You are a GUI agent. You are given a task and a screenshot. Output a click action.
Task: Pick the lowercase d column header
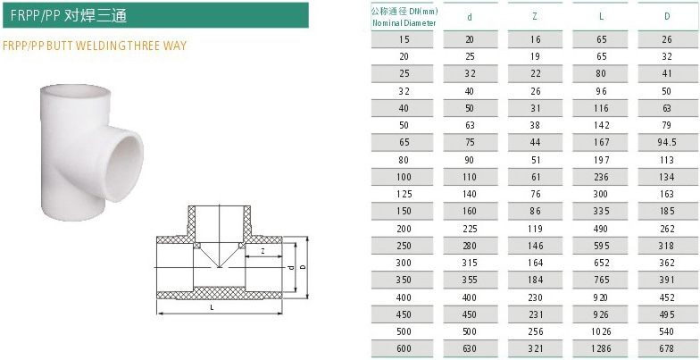point(471,16)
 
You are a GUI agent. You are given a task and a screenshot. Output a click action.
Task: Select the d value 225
point(471,228)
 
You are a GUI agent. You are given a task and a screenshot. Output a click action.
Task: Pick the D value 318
point(666,246)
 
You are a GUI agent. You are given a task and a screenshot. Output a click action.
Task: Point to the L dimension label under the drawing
point(212,307)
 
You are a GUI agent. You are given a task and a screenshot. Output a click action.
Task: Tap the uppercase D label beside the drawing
point(303,267)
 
